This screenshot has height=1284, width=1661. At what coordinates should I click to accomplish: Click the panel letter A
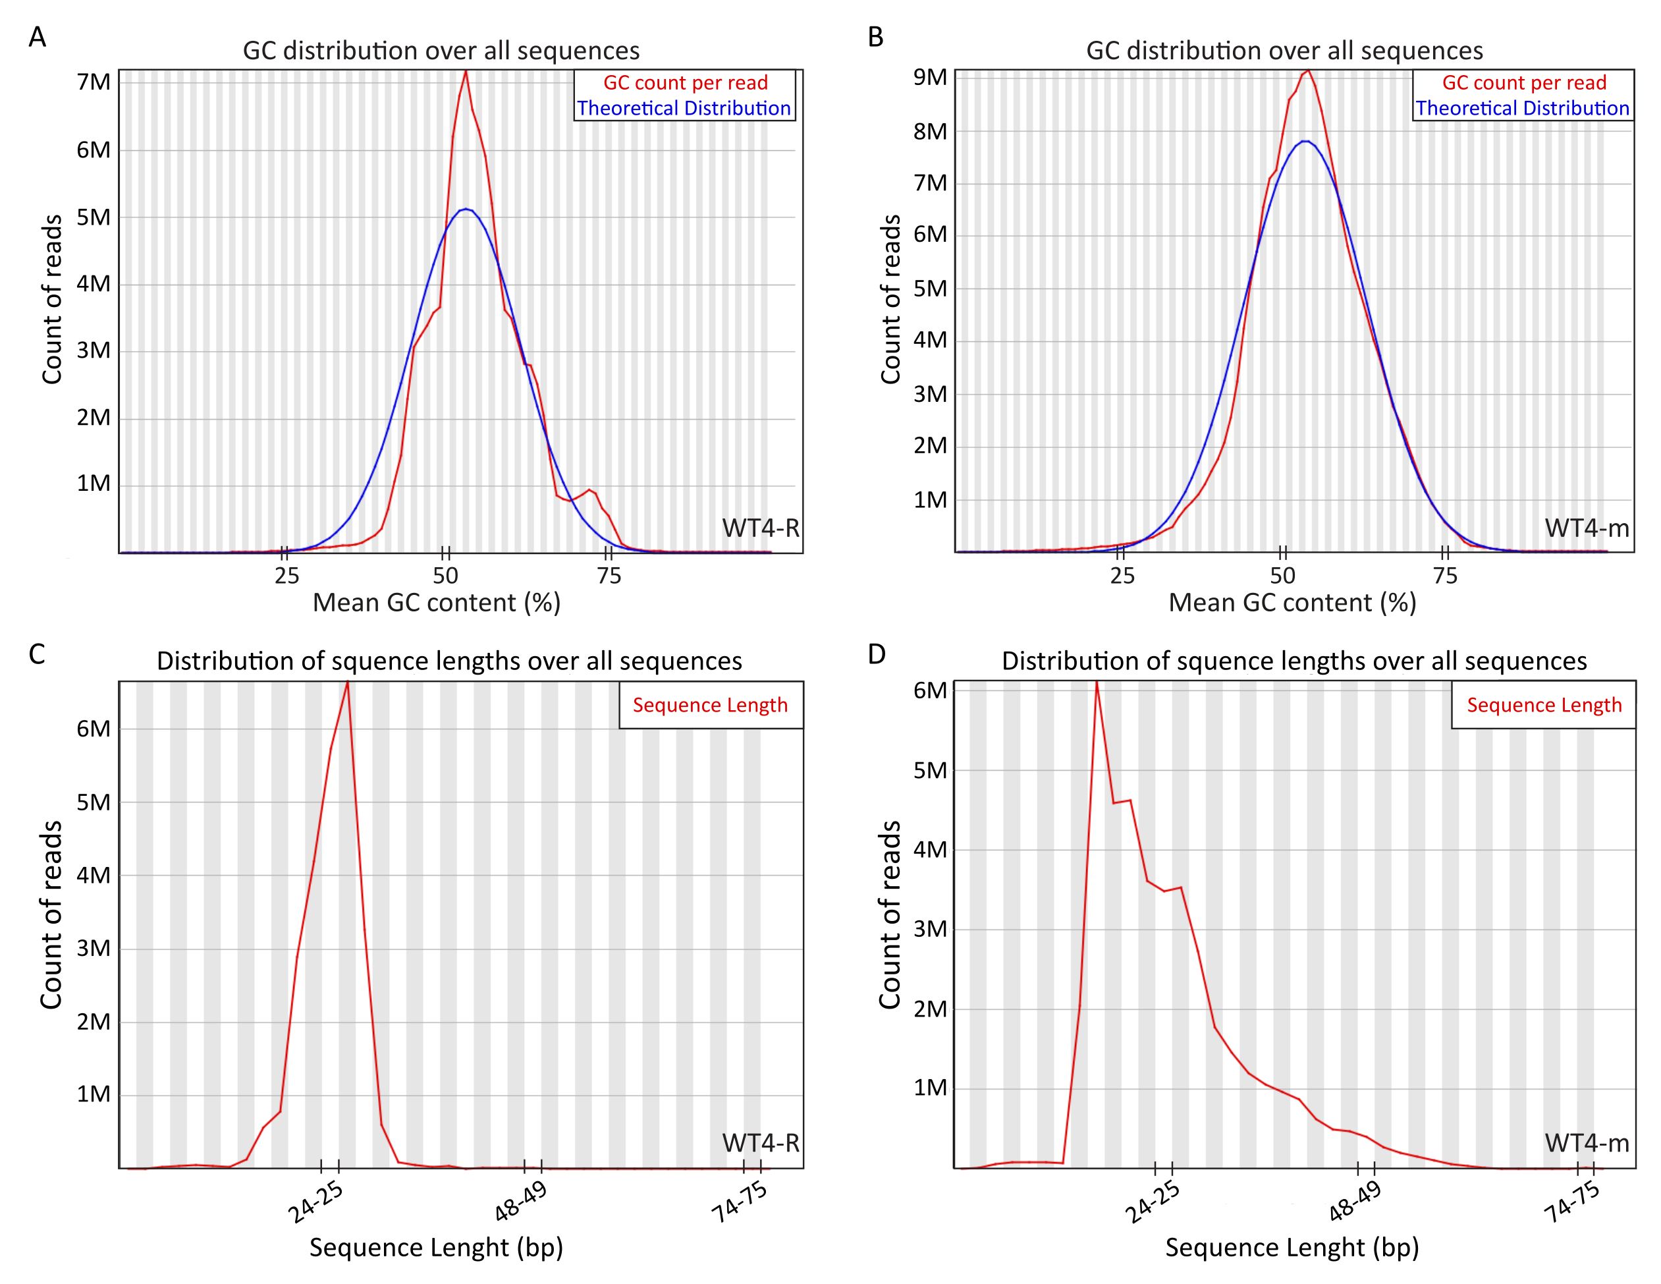[x=38, y=36]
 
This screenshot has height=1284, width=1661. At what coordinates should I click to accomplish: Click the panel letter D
[x=876, y=654]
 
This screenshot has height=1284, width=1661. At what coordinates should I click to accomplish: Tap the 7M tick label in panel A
[x=94, y=82]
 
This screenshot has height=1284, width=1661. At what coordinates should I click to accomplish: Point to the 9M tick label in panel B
[x=930, y=78]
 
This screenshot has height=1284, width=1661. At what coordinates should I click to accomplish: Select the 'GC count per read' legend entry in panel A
[x=685, y=83]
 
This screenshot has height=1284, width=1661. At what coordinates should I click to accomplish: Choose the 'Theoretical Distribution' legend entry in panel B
[x=1522, y=108]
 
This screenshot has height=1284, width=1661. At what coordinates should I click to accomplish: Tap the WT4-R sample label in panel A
[x=761, y=528]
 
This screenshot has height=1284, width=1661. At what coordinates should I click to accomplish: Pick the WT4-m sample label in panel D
[x=1587, y=1142]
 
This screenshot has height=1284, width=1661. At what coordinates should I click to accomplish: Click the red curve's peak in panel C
[x=348, y=683]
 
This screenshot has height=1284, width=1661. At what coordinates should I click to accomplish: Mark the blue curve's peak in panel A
[x=466, y=209]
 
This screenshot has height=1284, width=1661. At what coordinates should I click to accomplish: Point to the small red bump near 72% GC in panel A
[x=589, y=491]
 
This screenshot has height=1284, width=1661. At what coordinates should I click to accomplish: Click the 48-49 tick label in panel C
[x=521, y=1202]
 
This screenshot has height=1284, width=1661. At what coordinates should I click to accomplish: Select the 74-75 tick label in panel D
[x=1572, y=1202]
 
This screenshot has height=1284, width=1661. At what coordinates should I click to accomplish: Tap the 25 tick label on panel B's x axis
[x=1122, y=576]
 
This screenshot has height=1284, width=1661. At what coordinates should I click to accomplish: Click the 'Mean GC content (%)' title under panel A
[x=437, y=602]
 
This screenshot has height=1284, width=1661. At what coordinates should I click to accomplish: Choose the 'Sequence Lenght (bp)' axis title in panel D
[x=1292, y=1248]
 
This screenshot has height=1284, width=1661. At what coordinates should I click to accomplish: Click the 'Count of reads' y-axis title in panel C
[x=51, y=915]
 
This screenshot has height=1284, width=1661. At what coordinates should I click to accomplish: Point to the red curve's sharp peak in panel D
[x=1096, y=683]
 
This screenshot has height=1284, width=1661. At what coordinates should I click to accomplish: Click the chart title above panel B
[x=1284, y=50]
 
